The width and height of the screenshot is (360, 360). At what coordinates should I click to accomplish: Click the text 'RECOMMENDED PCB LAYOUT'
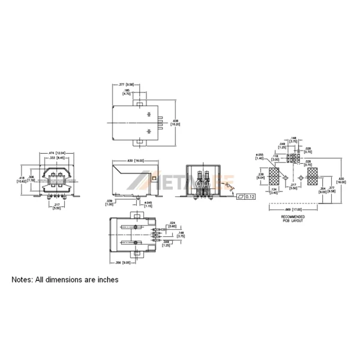point(293,218)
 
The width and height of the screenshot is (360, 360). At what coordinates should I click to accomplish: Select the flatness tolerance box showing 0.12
point(247,196)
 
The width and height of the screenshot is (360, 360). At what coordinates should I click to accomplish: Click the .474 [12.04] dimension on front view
point(56,153)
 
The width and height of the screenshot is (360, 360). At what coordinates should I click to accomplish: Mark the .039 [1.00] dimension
point(110,203)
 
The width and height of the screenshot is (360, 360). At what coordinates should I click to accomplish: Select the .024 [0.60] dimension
point(172,224)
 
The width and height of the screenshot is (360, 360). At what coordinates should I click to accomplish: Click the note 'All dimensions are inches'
point(66,280)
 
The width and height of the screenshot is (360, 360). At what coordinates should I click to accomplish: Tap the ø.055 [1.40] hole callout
point(260,158)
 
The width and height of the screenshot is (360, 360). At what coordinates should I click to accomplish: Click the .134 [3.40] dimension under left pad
point(273,192)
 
